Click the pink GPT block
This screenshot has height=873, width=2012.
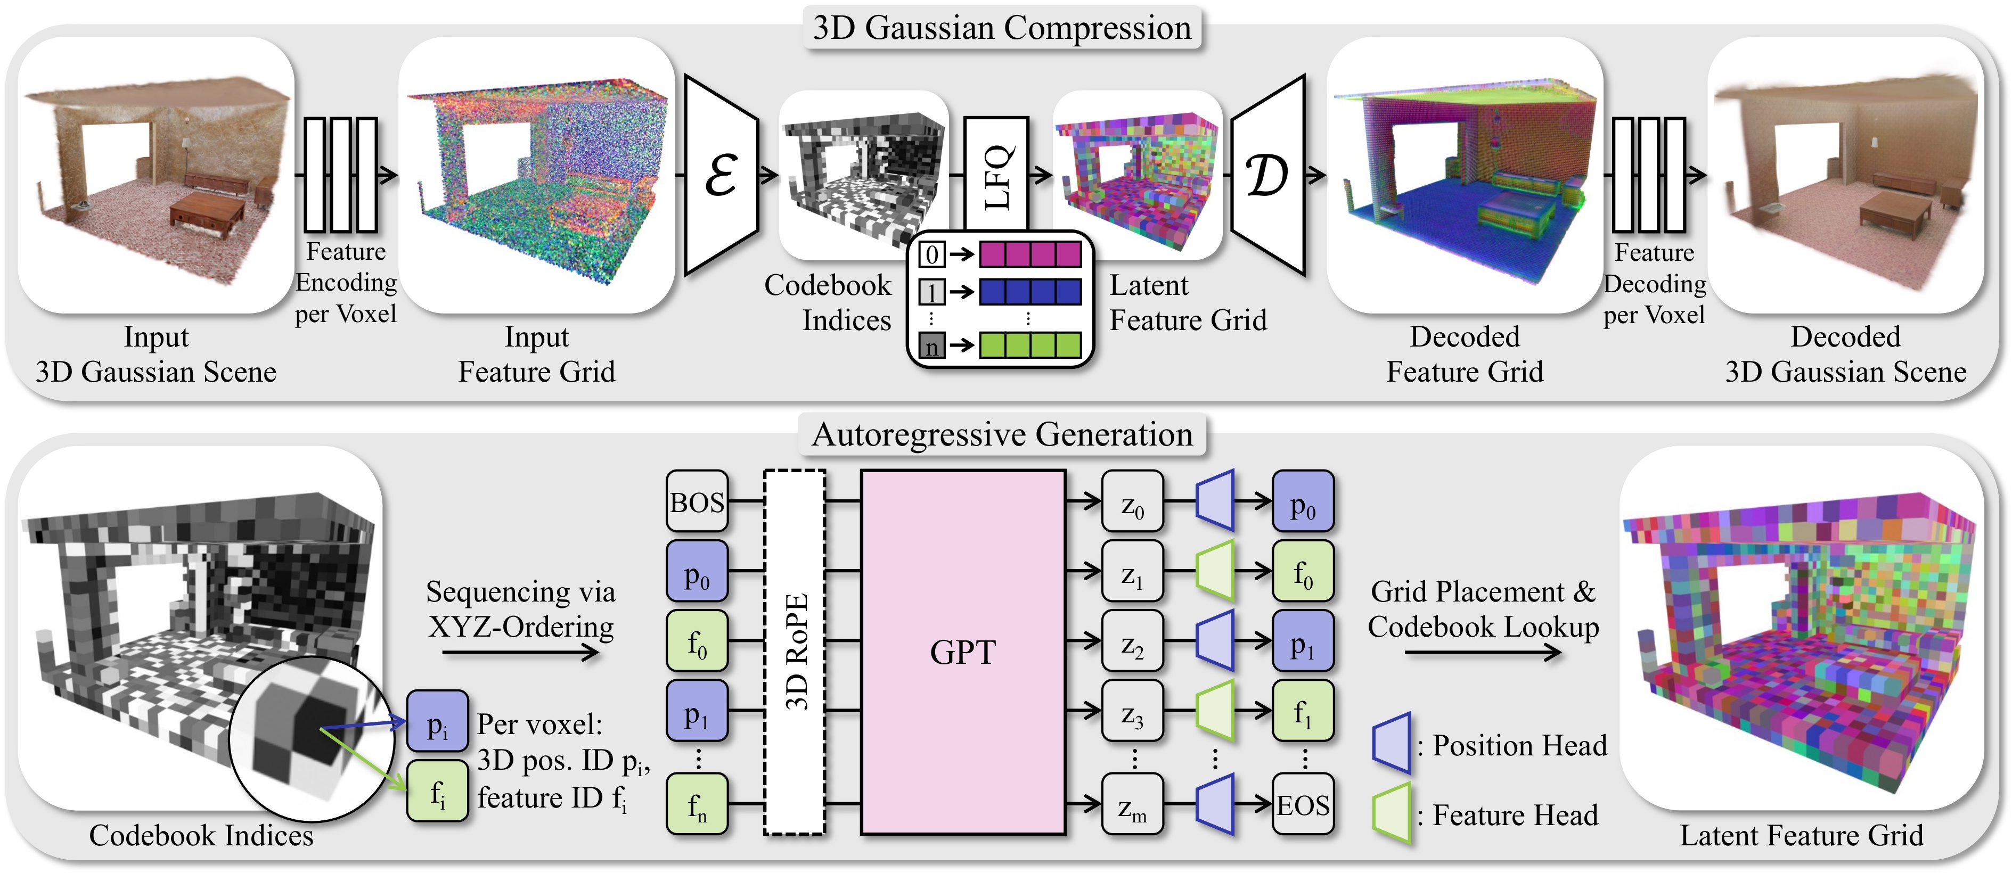click(x=962, y=652)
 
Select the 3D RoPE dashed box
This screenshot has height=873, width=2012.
click(x=795, y=652)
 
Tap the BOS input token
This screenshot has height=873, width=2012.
click(x=697, y=501)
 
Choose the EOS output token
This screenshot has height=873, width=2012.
click(x=1303, y=804)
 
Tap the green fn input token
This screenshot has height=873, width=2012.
click(x=697, y=804)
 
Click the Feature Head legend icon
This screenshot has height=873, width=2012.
click(x=1392, y=814)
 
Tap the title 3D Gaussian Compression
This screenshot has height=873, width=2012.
click(x=1002, y=28)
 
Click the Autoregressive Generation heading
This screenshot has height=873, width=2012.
click(x=1002, y=435)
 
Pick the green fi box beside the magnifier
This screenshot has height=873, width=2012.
click(x=437, y=791)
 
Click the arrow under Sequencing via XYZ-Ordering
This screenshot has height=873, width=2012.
click(x=521, y=653)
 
